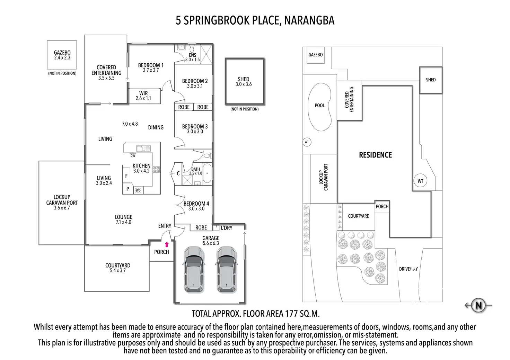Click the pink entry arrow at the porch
(167, 244)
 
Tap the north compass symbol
(479, 305)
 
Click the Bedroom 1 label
(150, 67)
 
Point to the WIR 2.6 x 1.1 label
(143, 96)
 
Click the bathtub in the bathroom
(207, 173)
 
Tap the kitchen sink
(143, 148)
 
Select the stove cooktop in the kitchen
(156, 170)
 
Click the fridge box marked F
(126, 176)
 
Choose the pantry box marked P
(127, 189)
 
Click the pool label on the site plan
(319, 105)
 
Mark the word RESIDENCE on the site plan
(375, 155)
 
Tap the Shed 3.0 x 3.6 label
(244, 82)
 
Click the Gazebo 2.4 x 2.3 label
(62, 55)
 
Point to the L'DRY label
(227, 228)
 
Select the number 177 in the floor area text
(291, 314)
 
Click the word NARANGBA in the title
(309, 21)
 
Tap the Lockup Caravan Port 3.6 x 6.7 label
(62, 202)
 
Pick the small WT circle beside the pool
(307, 142)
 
